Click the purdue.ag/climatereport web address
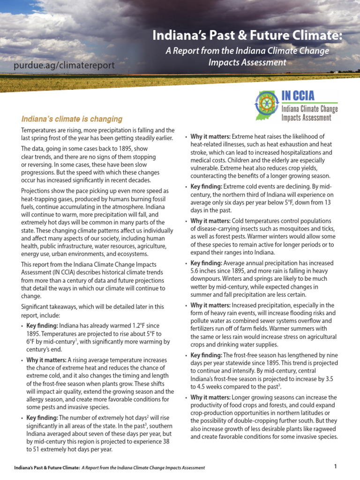point(63,65)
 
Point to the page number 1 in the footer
point(336,466)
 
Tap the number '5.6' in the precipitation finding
point(196,271)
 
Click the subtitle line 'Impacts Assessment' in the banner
point(247,62)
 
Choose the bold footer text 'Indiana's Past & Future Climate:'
point(46,467)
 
